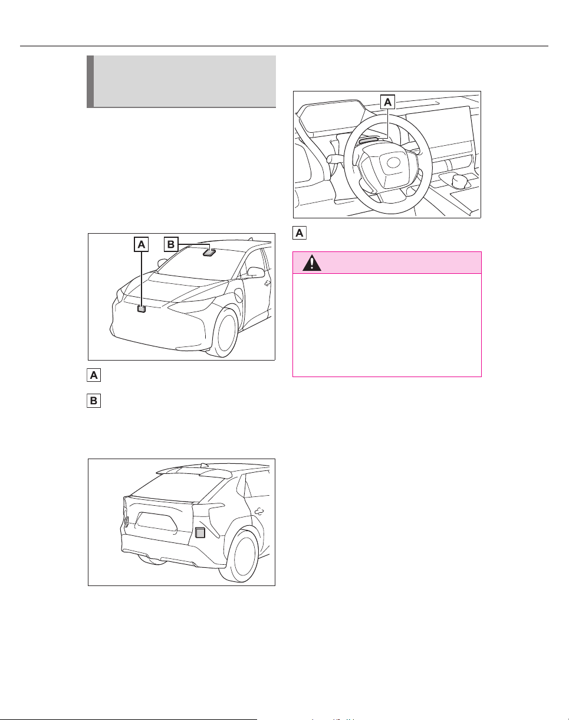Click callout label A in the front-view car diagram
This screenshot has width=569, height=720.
pyautogui.click(x=141, y=244)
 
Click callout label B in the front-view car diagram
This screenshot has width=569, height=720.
pyautogui.click(x=171, y=244)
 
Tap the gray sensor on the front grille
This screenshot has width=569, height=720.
pyautogui.click(x=142, y=309)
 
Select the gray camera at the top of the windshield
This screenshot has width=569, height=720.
pyautogui.click(x=209, y=252)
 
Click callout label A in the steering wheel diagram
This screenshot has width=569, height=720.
pyautogui.click(x=387, y=102)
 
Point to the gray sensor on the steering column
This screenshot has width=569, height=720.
pyautogui.click(x=368, y=140)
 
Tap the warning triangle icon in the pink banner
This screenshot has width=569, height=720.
pyautogui.click(x=311, y=263)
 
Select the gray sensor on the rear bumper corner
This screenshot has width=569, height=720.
pyautogui.click(x=200, y=533)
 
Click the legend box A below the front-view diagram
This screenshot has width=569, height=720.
pyautogui.click(x=94, y=375)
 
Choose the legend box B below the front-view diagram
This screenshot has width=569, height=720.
pyautogui.click(x=94, y=401)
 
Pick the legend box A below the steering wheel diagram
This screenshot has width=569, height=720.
pyautogui.click(x=299, y=233)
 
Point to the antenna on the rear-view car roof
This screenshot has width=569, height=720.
pyautogui.click(x=203, y=466)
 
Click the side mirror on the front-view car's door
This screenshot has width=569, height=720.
pyautogui.click(x=255, y=272)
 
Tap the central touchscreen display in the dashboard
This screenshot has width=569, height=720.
pyautogui.click(x=440, y=129)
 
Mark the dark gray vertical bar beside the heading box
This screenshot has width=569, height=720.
pyautogui.click(x=90, y=81)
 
